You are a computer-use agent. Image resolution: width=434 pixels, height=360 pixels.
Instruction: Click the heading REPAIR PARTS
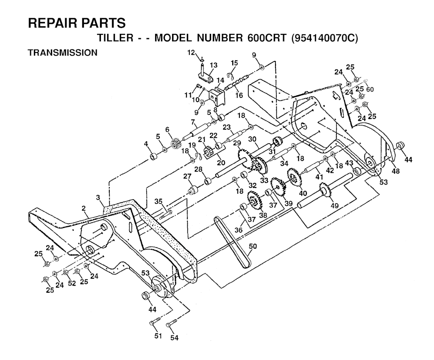coord(77,23)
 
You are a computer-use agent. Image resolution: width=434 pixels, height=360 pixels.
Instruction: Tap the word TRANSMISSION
coord(63,53)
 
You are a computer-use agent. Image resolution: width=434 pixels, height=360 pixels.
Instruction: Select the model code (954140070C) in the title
coord(325,38)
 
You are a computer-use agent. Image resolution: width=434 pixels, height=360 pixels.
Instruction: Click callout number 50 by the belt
coord(253,246)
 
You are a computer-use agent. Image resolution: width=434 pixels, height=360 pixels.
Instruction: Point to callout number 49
coord(335,205)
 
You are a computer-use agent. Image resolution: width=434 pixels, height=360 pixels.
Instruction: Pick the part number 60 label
coord(370,89)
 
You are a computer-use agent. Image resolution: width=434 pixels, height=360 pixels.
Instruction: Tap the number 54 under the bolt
coord(174,337)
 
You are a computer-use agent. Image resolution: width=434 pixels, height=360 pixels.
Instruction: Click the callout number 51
coord(158,336)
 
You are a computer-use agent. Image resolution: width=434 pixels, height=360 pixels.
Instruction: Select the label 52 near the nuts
coord(72,283)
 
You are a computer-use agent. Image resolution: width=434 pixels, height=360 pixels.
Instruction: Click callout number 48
coord(396,171)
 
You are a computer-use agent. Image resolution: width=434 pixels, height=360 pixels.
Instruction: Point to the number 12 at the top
coord(192,53)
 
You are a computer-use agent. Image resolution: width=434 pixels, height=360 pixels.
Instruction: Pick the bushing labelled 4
coord(153,157)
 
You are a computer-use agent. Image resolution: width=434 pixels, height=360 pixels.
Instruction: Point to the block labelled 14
coord(218,96)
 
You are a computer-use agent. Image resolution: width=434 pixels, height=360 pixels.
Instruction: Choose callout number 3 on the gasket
coord(98,197)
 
